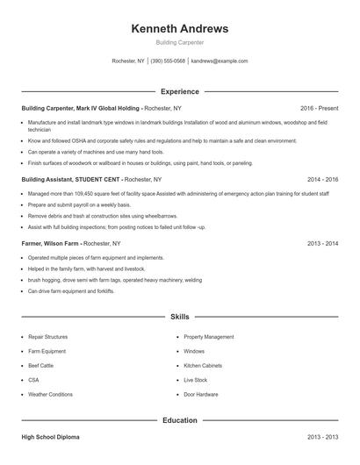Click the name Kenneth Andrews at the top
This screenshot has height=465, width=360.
(179, 29)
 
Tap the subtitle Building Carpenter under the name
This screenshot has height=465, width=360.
(179, 42)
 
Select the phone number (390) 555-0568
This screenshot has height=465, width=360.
(168, 61)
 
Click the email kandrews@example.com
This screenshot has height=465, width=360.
(220, 61)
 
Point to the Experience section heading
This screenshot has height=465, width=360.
(179, 91)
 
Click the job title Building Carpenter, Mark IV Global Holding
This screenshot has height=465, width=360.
(81, 108)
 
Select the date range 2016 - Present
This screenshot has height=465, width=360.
(319, 108)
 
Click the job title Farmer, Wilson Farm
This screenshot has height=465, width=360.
(50, 243)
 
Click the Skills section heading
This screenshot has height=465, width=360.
(179, 316)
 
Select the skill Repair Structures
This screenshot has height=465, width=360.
(47, 336)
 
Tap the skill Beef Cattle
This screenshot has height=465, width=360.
(40, 365)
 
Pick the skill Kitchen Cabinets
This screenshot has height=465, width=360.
(202, 365)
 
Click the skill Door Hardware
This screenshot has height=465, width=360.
(200, 394)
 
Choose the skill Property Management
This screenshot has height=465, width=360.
(208, 336)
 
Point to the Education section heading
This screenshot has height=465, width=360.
(179, 420)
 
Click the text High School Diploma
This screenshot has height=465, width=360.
(51, 436)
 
